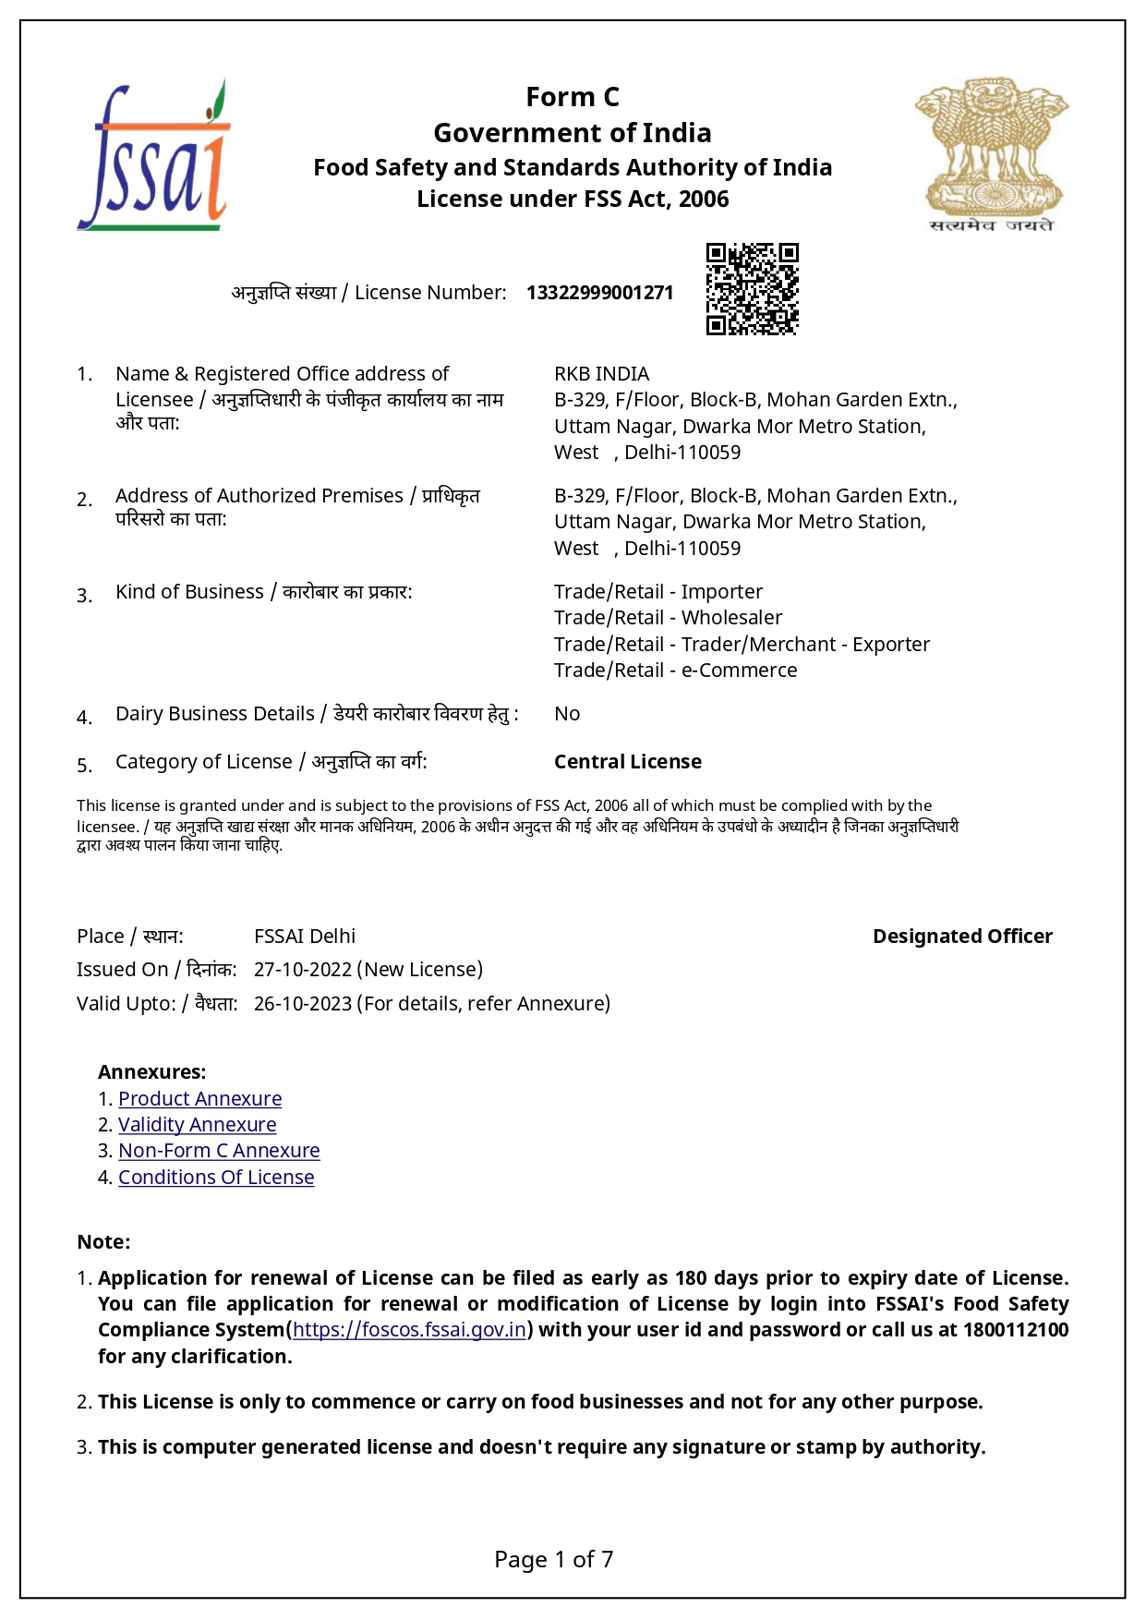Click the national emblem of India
point(992,152)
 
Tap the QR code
point(752,289)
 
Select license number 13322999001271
point(599,293)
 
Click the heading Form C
point(573,97)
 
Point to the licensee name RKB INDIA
point(601,374)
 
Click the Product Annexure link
point(199,1099)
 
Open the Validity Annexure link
point(197,1125)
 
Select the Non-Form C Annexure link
point(219,1151)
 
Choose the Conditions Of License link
point(216,1178)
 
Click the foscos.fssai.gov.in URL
point(409,1330)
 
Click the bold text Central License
point(627,762)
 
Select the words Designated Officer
point(962,937)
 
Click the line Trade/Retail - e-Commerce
point(675,671)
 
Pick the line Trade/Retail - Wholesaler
point(668,618)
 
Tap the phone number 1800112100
point(1016,1330)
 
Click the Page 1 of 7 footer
point(554,1560)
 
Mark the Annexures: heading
point(151,1072)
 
